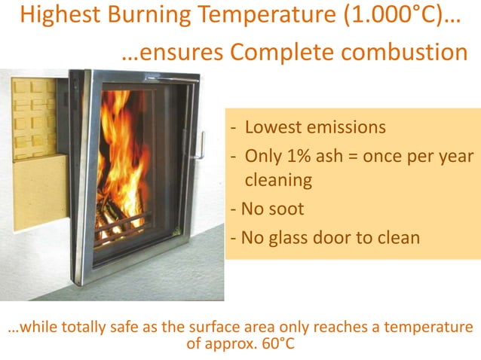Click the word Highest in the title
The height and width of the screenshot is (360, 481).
(x=57, y=17)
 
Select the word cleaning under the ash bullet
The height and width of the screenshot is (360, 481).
(x=279, y=181)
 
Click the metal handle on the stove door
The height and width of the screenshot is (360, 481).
(x=198, y=145)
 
